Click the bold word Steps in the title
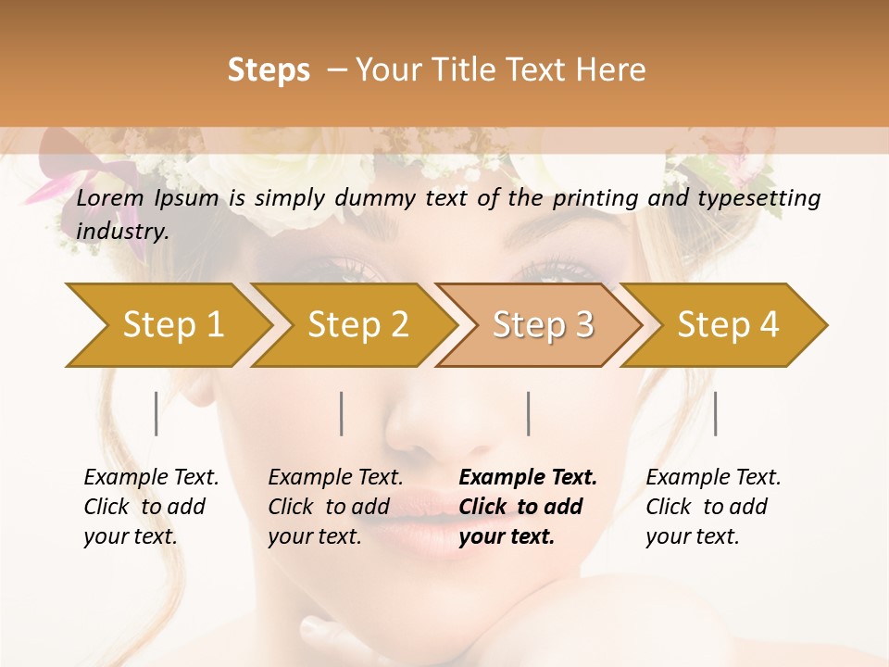tap(269, 69)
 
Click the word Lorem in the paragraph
tap(110, 198)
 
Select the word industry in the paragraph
tap(121, 232)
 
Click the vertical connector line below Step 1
tap(157, 413)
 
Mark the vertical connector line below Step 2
tap(342, 413)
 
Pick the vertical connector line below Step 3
tap(529, 413)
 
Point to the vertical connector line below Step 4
tap(716, 413)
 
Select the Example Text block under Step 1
tap(151, 507)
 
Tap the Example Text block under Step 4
tap(713, 507)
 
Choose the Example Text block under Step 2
tap(335, 507)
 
